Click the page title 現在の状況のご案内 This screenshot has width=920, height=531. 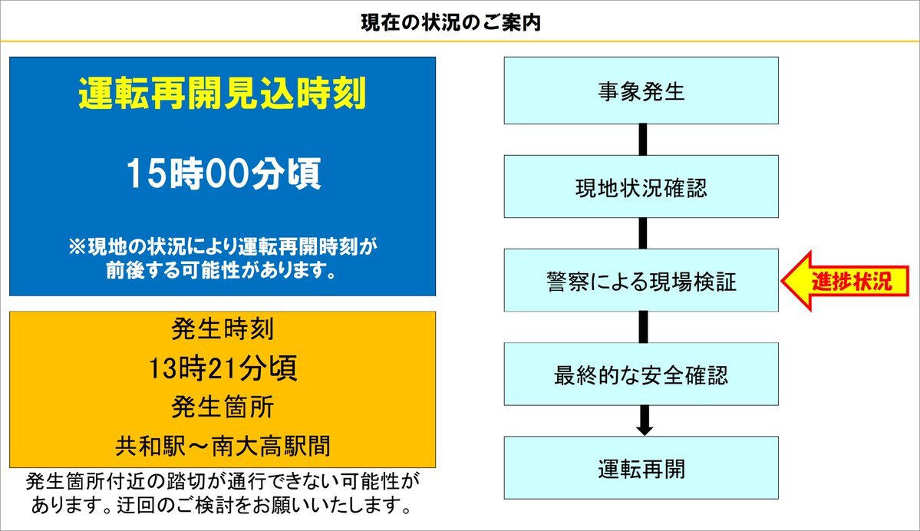click(450, 23)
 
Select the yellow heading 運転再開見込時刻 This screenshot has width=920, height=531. click(223, 94)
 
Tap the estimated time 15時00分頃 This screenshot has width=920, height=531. click(223, 173)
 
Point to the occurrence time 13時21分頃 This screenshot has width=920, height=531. click(223, 368)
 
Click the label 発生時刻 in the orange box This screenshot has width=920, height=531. click(223, 328)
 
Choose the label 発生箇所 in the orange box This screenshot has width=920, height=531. click(223, 407)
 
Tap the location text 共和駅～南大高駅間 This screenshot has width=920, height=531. click(223, 446)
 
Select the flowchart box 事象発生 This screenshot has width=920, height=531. click(641, 91)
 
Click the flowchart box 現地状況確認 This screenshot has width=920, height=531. click(641, 186)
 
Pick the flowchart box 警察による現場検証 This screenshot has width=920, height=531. click(641, 280)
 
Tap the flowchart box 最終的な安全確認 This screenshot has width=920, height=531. click(641, 374)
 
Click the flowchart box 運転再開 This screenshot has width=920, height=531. click(641, 467)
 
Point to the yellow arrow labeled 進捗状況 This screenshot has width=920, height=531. click(845, 281)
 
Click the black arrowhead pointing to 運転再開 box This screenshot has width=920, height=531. click(645, 429)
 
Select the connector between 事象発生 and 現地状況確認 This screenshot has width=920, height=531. click(643, 140)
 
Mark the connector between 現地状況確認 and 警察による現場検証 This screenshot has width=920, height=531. click(643, 233)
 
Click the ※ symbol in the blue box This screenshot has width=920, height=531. click(77, 246)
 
